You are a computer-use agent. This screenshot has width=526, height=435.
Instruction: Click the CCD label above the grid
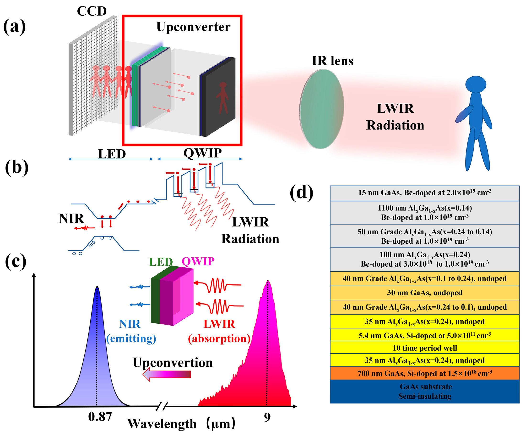tap(92, 11)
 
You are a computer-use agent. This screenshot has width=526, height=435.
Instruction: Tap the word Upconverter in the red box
tap(193, 27)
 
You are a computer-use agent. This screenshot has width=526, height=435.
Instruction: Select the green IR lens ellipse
tap(322, 109)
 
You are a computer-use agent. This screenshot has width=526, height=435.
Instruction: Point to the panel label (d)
tap(301, 192)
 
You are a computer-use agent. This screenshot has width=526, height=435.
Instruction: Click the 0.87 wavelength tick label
tap(100, 417)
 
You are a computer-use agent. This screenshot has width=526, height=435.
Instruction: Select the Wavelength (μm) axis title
tap(181, 424)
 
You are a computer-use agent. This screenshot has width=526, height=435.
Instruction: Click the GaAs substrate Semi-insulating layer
tap(424, 391)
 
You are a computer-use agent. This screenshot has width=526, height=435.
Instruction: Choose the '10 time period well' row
tap(424, 348)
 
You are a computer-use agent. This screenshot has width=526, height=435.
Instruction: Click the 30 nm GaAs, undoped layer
tap(424, 293)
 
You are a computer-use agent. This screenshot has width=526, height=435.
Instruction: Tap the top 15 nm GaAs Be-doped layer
tap(424, 193)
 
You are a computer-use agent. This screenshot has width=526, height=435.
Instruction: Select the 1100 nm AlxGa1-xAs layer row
tap(424, 213)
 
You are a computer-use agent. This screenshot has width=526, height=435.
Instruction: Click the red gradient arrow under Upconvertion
tap(167, 374)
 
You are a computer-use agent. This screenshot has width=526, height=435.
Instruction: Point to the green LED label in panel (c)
tap(161, 262)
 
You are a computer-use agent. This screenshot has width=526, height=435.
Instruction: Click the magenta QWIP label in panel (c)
tap(198, 261)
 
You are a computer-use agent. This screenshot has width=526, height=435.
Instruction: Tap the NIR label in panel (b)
tap(71, 219)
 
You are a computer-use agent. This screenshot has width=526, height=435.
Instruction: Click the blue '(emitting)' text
tap(131, 339)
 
